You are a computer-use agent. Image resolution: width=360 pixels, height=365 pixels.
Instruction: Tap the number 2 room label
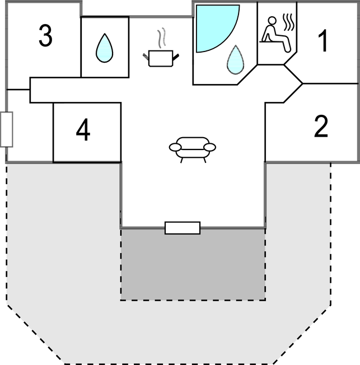[321, 127]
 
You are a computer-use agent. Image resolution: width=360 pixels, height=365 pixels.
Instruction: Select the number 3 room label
[46, 36]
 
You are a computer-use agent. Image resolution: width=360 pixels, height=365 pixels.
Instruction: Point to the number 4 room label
[83, 132]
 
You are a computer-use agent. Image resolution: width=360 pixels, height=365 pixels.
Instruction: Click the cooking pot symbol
[161, 58]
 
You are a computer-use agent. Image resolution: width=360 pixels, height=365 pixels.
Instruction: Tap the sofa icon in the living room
[193, 148]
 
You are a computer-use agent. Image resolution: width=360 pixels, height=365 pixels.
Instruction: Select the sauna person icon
[275, 35]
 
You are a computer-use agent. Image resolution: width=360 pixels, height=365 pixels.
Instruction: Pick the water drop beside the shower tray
[236, 60]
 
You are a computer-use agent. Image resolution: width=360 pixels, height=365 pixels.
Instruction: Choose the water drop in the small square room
[104, 48]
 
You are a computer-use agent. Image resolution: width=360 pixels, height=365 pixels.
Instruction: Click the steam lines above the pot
[162, 38]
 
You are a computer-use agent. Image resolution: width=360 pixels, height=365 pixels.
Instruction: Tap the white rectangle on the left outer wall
[7, 129]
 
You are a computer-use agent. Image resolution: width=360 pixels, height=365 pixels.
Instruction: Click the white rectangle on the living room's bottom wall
[183, 228]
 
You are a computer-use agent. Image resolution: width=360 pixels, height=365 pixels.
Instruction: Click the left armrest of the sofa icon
[175, 147]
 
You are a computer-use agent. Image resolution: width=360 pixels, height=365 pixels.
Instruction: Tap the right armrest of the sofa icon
[210, 147]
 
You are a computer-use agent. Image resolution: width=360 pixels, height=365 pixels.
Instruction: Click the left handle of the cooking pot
[147, 54]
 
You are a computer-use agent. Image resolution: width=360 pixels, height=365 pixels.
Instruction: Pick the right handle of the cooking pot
[177, 54]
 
